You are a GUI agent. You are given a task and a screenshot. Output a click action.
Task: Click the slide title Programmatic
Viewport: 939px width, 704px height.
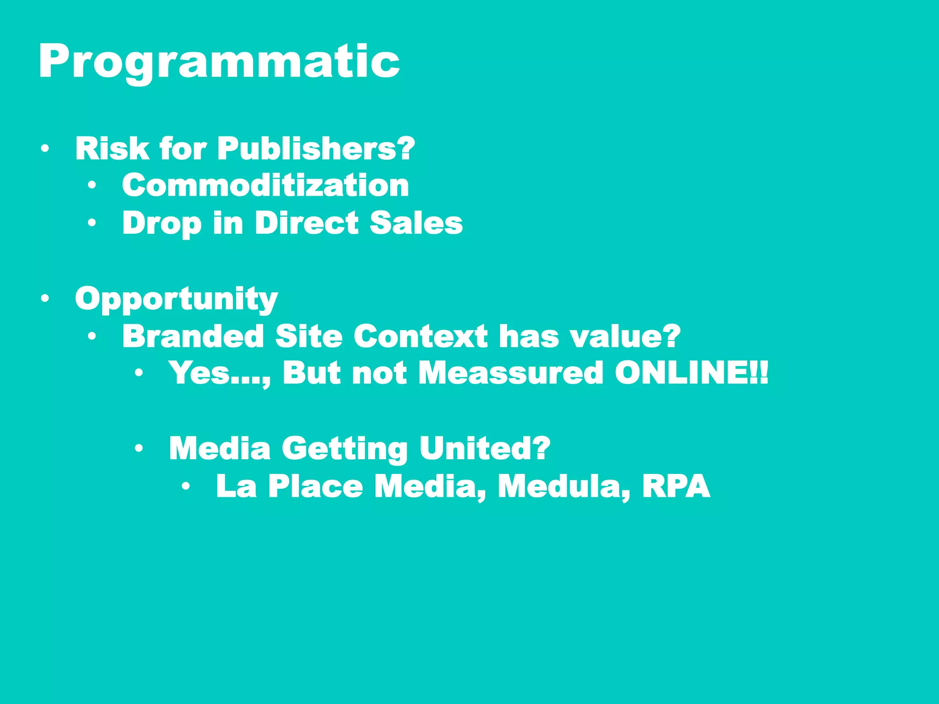[219, 62]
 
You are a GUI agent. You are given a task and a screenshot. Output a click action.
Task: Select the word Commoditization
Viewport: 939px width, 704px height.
[265, 186]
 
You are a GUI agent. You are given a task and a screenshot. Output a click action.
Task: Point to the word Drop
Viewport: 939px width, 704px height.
[162, 223]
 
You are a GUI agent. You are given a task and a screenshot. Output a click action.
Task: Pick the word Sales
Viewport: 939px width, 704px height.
[416, 223]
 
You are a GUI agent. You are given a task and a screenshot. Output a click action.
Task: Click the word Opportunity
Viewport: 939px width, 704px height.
[177, 299]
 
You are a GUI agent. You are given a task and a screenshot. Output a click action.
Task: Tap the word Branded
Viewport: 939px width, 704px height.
[193, 336]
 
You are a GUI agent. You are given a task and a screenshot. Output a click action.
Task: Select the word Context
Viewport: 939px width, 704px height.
[420, 336]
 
